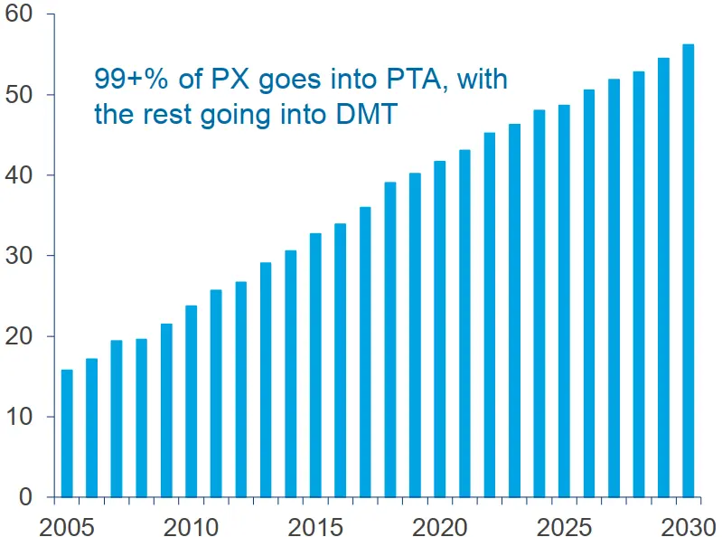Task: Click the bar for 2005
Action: click(x=67, y=433)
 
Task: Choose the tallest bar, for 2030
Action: click(x=688, y=270)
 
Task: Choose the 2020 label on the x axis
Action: click(x=439, y=523)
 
